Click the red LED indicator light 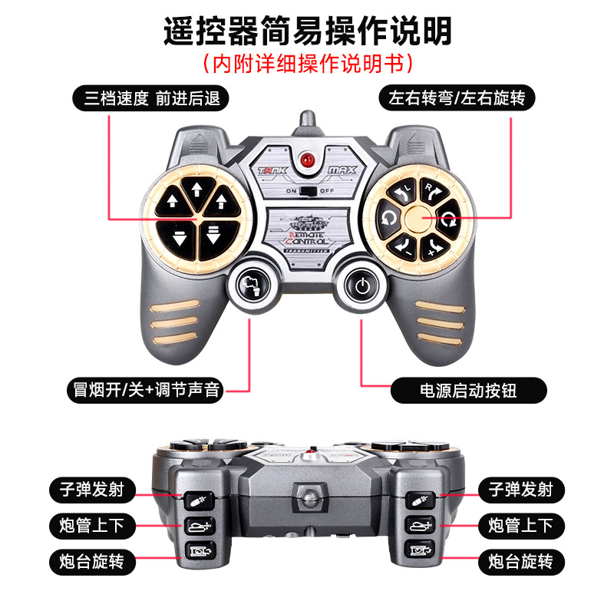point(306,160)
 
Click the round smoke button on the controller point(250,286)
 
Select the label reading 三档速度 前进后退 point(151,99)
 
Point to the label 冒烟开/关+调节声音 point(151,390)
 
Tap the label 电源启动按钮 point(468,390)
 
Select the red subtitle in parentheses point(307,61)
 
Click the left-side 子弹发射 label point(92,488)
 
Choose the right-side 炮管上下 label point(520,526)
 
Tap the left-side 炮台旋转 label point(92,561)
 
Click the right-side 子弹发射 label point(520,488)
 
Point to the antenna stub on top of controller point(307,121)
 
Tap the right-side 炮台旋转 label point(520,561)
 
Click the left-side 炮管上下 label point(92,526)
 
